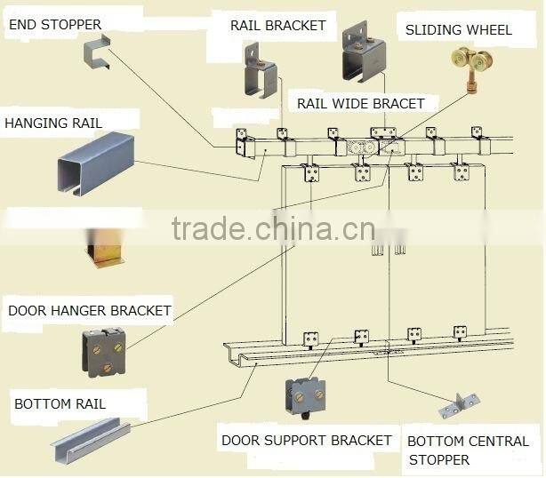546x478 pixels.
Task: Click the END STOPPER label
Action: click(55, 24)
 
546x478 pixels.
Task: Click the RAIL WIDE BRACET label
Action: click(360, 104)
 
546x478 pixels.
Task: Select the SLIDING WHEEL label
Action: click(458, 30)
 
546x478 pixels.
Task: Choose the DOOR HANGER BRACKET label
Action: click(89, 311)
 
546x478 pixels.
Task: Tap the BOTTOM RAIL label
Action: click(60, 404)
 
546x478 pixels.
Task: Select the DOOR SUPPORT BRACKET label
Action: click(306, 440)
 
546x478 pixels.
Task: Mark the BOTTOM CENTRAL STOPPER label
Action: click(467, 450)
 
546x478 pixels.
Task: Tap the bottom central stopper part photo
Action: click(458, 406)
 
